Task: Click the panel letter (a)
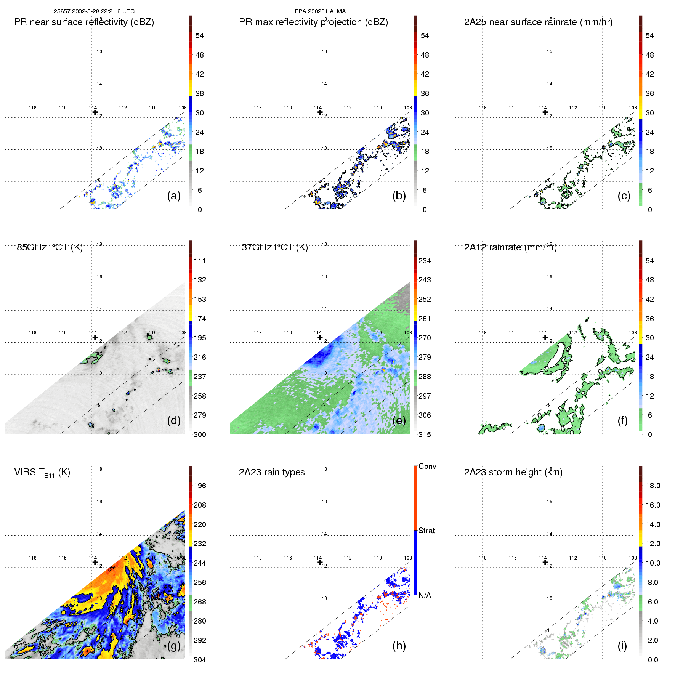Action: pos(173,196)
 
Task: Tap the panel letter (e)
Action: pos(399,421)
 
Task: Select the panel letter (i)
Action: pos(622,646)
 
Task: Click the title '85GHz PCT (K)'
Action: pos(50,247)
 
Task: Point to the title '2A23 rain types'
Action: pos(272,472)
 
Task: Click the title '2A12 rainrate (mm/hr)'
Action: pos(510,247)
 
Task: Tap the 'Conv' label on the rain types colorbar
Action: pos(427,466)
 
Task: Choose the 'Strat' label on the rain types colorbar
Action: pos(426,531)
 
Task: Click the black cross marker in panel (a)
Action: pos(95,112)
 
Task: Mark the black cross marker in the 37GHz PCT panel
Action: pos(320,337)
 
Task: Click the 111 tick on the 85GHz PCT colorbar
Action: pos(200,261)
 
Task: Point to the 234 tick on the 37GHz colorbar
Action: pos(425,261)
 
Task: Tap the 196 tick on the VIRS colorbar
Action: pos(200,486)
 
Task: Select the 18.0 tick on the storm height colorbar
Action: pos(653,486)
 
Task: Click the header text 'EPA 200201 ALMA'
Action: pos(320,11)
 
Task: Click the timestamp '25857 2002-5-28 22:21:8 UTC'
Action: pos(94,11)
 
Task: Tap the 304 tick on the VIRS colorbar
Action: pos(200,660)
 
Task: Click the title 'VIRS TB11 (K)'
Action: pos(42,473)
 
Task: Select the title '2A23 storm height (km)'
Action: pos(513,472)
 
